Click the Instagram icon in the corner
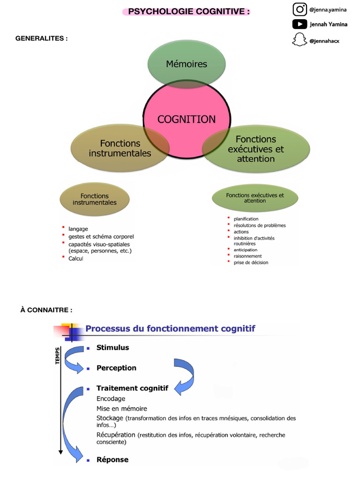click(x=300, y=9)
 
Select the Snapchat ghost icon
click(x=298, y=40)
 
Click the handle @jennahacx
click(x=324, y=41)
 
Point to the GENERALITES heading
click(x=42, y=38)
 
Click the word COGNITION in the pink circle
click(x=187, y=119)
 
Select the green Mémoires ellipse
click(x=187, y=64)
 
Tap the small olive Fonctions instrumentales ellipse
click(x=94, y=199)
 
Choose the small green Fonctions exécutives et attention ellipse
click(x=255, y=198)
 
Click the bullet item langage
click(x=78, y=229)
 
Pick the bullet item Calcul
click(x=75, y=258)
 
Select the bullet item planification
click(x=246, y=219)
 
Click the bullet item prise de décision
click(x=251, y=262)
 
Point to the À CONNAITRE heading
click(x=46, y=310)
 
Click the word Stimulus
click(x=112, y=347)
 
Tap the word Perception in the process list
click(x=116, y=368)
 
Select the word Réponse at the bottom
click(x=112, y=459)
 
